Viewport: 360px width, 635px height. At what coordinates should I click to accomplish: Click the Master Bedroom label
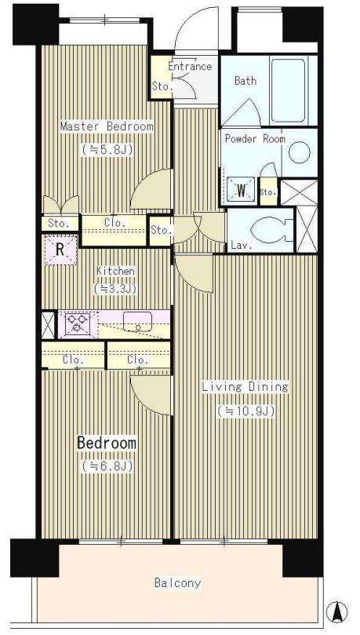tap(107, 126)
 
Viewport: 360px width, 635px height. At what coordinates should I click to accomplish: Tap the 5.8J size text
tap(107, 150)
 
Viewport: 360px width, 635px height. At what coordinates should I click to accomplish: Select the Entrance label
tap(190, 66)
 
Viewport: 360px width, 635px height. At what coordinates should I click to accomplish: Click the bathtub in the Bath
tap(288, 90)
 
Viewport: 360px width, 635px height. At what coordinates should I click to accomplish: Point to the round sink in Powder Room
tap(300, 153)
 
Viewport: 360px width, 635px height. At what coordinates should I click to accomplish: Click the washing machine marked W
tap(241, 190)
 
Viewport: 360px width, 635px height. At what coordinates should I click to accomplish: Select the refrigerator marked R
tap(60, 250)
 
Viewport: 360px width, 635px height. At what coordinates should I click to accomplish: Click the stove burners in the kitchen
tap(78, 324)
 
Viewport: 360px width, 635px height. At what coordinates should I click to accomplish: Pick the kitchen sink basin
tap(137, 321)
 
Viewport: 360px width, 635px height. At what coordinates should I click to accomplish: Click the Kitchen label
tap(115, 271)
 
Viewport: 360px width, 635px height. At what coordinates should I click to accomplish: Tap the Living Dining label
tap(245, 387)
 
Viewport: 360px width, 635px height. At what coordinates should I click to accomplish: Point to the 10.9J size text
tap(246, 411)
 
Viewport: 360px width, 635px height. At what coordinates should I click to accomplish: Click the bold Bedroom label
tap(107, 443)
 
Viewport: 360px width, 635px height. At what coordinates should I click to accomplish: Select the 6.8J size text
tap(107, 466)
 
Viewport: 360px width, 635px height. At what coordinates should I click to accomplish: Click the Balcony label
tap(177, 583)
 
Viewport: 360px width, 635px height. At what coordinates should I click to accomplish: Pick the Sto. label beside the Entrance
tap(162, 86)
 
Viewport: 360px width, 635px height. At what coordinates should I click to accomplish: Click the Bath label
tap(245, 81)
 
